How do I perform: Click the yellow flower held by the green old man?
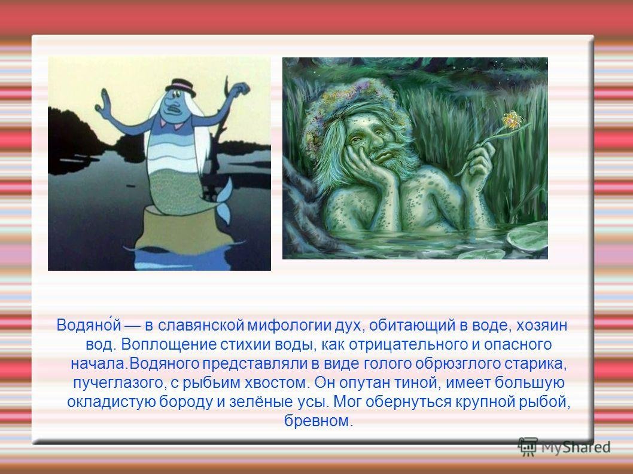[x=512, y=120]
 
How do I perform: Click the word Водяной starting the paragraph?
[x=89, y=325]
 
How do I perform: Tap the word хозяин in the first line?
[x=542, y=325]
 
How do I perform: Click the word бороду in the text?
[x=185, y=402]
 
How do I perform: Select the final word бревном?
[x=318, y=421]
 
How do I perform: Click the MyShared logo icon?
[x=527, y=447]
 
